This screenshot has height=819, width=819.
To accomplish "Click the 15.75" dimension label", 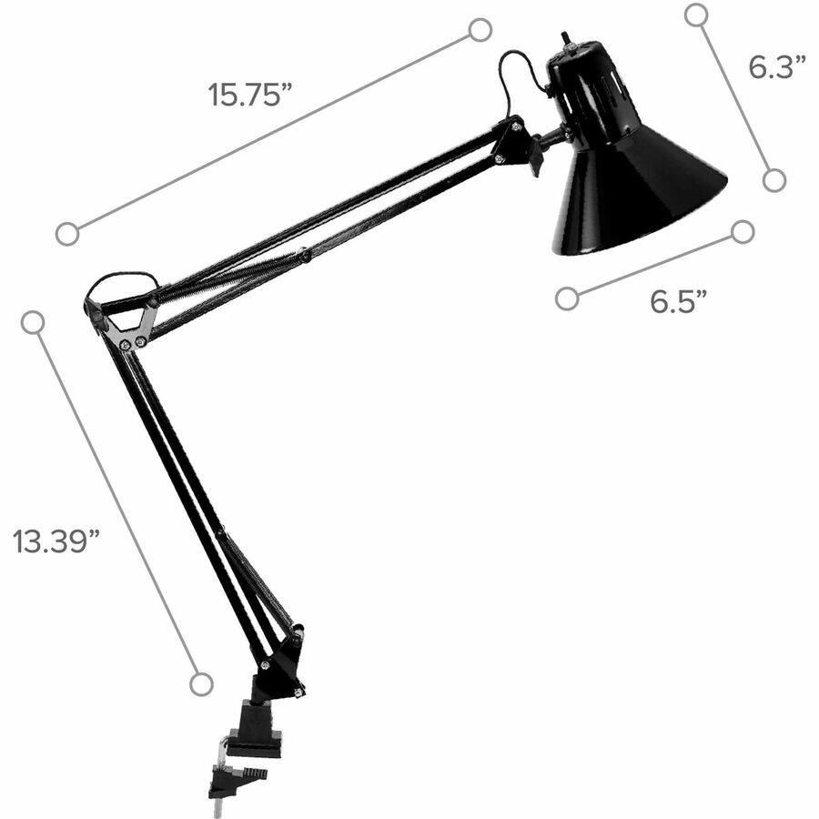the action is (x=249, y=95).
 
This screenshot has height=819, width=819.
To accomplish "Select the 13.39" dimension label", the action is (x=56, y=541).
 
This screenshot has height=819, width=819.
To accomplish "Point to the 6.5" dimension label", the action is (x=678, y=301).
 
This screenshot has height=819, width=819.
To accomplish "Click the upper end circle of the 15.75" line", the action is (x=480, y=30).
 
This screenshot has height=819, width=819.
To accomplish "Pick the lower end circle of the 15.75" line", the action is (x=67, y=234).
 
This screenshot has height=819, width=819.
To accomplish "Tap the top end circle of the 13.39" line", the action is (x=33, y=322).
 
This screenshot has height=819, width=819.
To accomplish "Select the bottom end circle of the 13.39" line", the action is (x=201, y=684).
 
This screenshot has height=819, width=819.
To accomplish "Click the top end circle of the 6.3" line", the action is (x=696, y=15).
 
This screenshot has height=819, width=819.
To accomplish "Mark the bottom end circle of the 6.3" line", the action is (x=774, y=180).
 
